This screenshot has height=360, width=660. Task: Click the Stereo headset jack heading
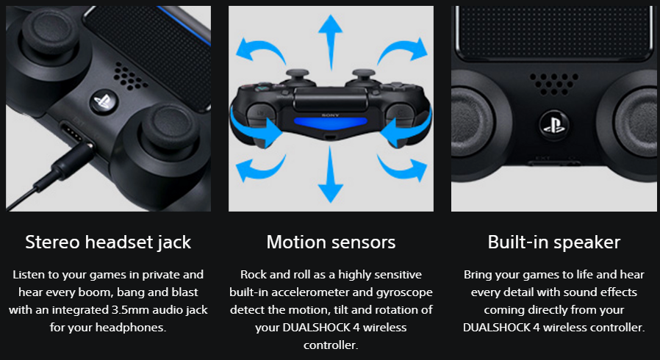108,242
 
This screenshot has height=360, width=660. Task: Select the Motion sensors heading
331,242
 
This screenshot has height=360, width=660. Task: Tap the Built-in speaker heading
554,242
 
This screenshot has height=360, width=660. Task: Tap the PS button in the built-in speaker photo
554,126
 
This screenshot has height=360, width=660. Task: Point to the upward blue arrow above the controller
331,42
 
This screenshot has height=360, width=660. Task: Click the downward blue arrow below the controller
331,175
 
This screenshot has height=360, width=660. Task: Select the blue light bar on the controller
331,122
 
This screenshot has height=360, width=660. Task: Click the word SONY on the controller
331,115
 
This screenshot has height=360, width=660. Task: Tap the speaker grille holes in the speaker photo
554,83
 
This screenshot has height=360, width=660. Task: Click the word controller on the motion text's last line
331,345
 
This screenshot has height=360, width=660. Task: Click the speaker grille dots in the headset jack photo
131,76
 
